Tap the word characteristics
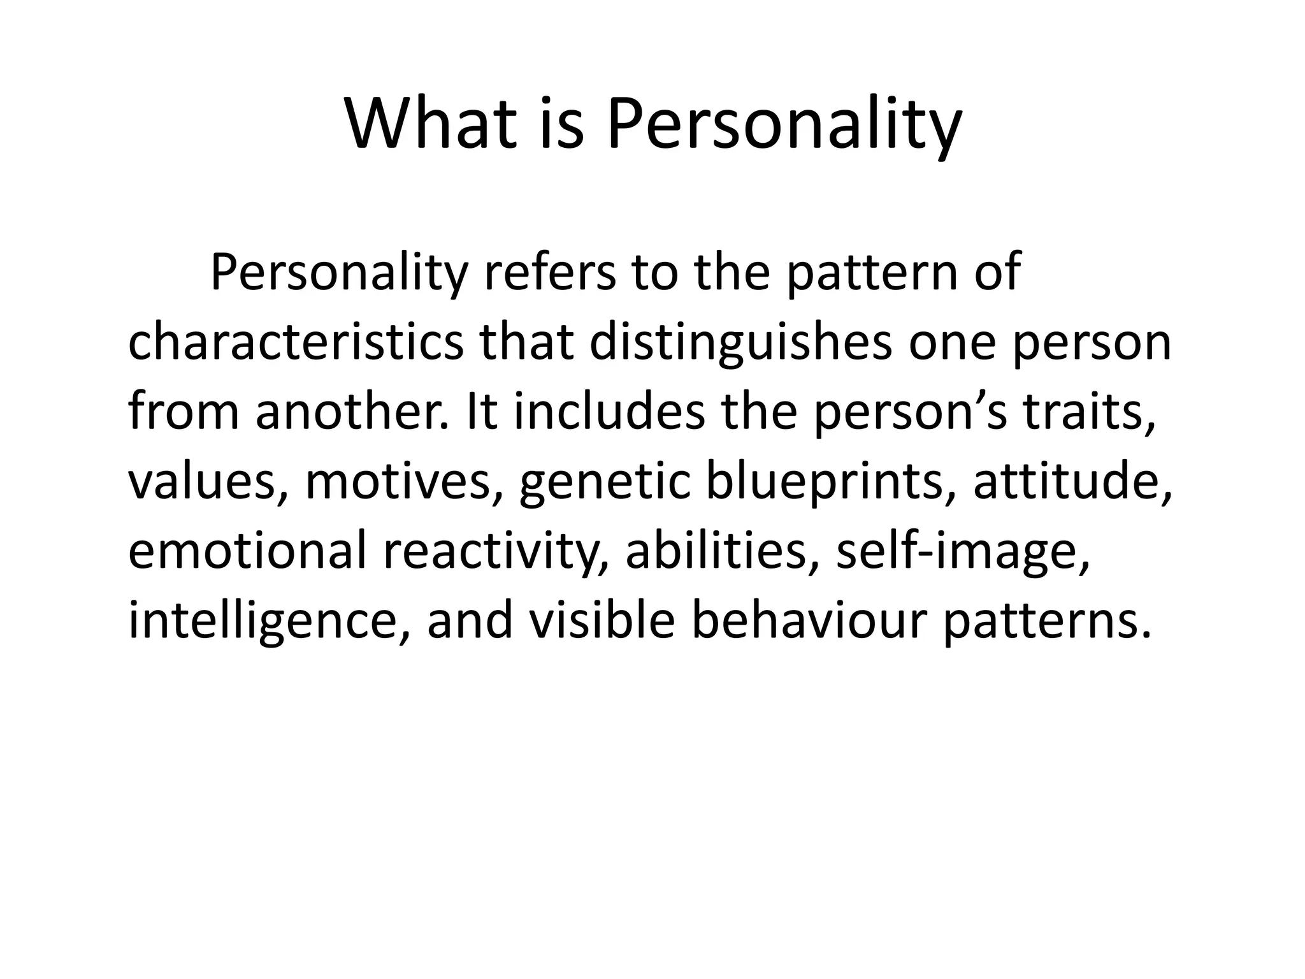[296, 342]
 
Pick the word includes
[609, 411]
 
